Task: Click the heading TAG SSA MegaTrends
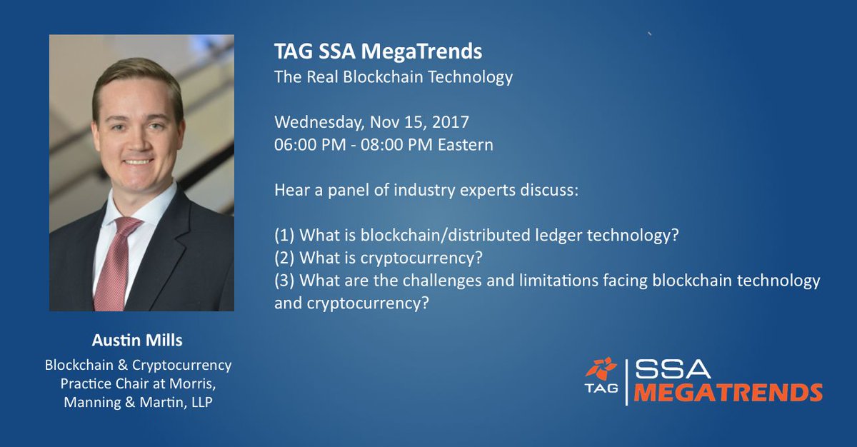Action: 378,52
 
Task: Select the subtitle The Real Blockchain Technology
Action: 393,77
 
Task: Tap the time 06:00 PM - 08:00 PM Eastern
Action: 384,145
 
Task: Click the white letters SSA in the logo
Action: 673,368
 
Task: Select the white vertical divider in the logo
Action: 626,382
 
